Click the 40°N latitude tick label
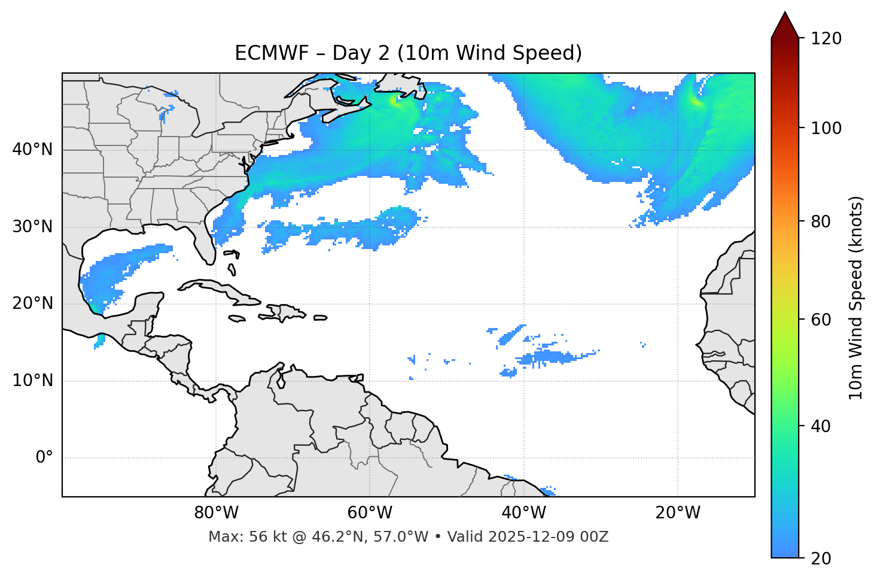tap(32, 149)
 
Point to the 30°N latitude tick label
tap(32, 227)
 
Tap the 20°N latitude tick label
tap(32, 303)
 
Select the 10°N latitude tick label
tap(32, 381)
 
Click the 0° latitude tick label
tap(44, 458)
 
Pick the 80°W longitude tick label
tap(216, 513)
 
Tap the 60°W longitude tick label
tap(370, 513)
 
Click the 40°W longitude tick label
tap(523, 513)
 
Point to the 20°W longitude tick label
tap(677, 513)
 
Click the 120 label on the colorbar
tap(826, 39)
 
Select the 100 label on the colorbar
tap(826, 128)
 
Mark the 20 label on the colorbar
tap(821, 558)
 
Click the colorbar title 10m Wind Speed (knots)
tap(856, 297)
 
